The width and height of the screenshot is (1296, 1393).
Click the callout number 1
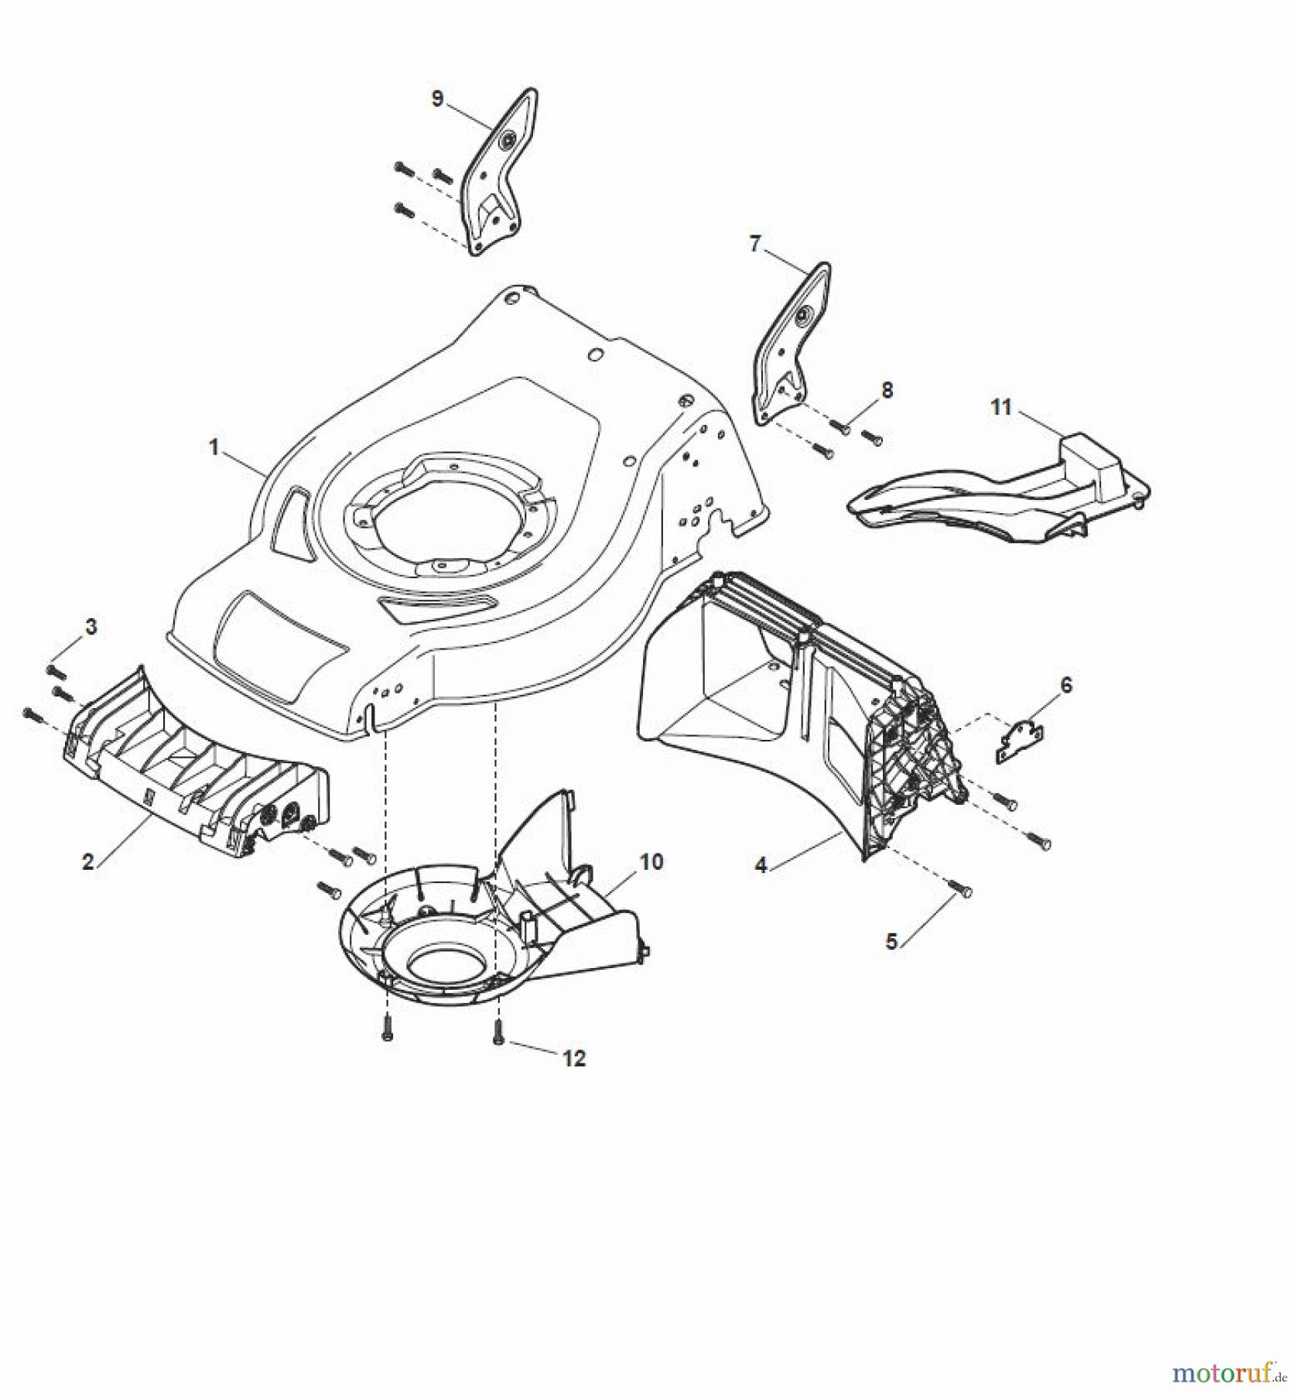pyautogui.click(x=214, y=447)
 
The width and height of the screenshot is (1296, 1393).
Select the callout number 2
pyautogui.click(x=88, y=861)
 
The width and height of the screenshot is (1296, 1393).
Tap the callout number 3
pyautogui.click(x=91, y=626)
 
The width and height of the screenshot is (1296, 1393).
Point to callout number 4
pyautogui.click(x=761, y=865)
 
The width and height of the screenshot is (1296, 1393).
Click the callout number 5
pyautogui.click(x=891, y=942)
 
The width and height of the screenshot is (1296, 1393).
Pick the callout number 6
pyautogui.click(x=1066, y=685)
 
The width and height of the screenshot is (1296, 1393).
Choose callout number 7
pyautogui.click(x=755, y=244)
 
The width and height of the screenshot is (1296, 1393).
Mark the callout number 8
pyautogui.click(x=887, y=390)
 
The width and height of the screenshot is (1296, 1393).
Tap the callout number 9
pyautogui.click(x=438, y=99)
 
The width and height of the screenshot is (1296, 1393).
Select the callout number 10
pyautogui.click(x=651, y=861)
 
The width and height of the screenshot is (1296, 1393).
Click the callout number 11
pyautogui.click(x=1001, y=407)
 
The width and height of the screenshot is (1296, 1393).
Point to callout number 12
pyautogui.click(x=574, y=1058)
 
